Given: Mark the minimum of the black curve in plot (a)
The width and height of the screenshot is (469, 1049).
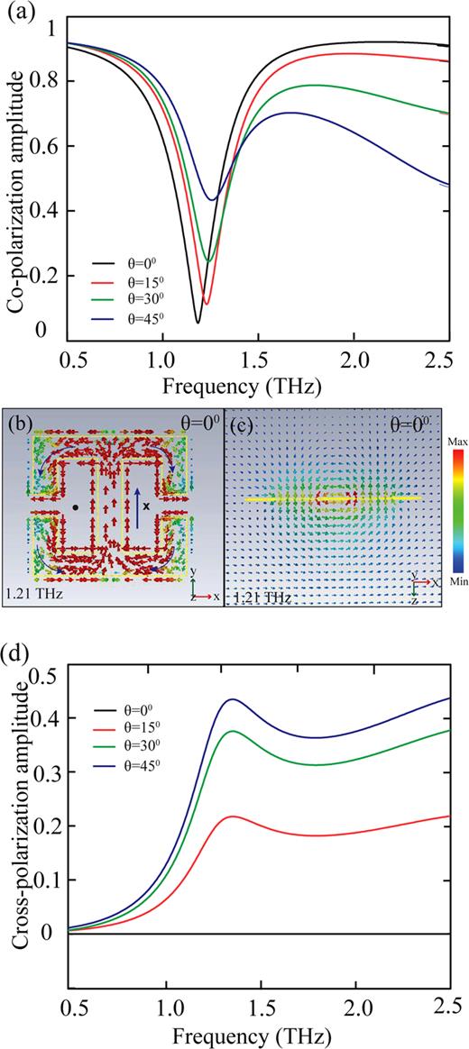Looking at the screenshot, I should point(198,322).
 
